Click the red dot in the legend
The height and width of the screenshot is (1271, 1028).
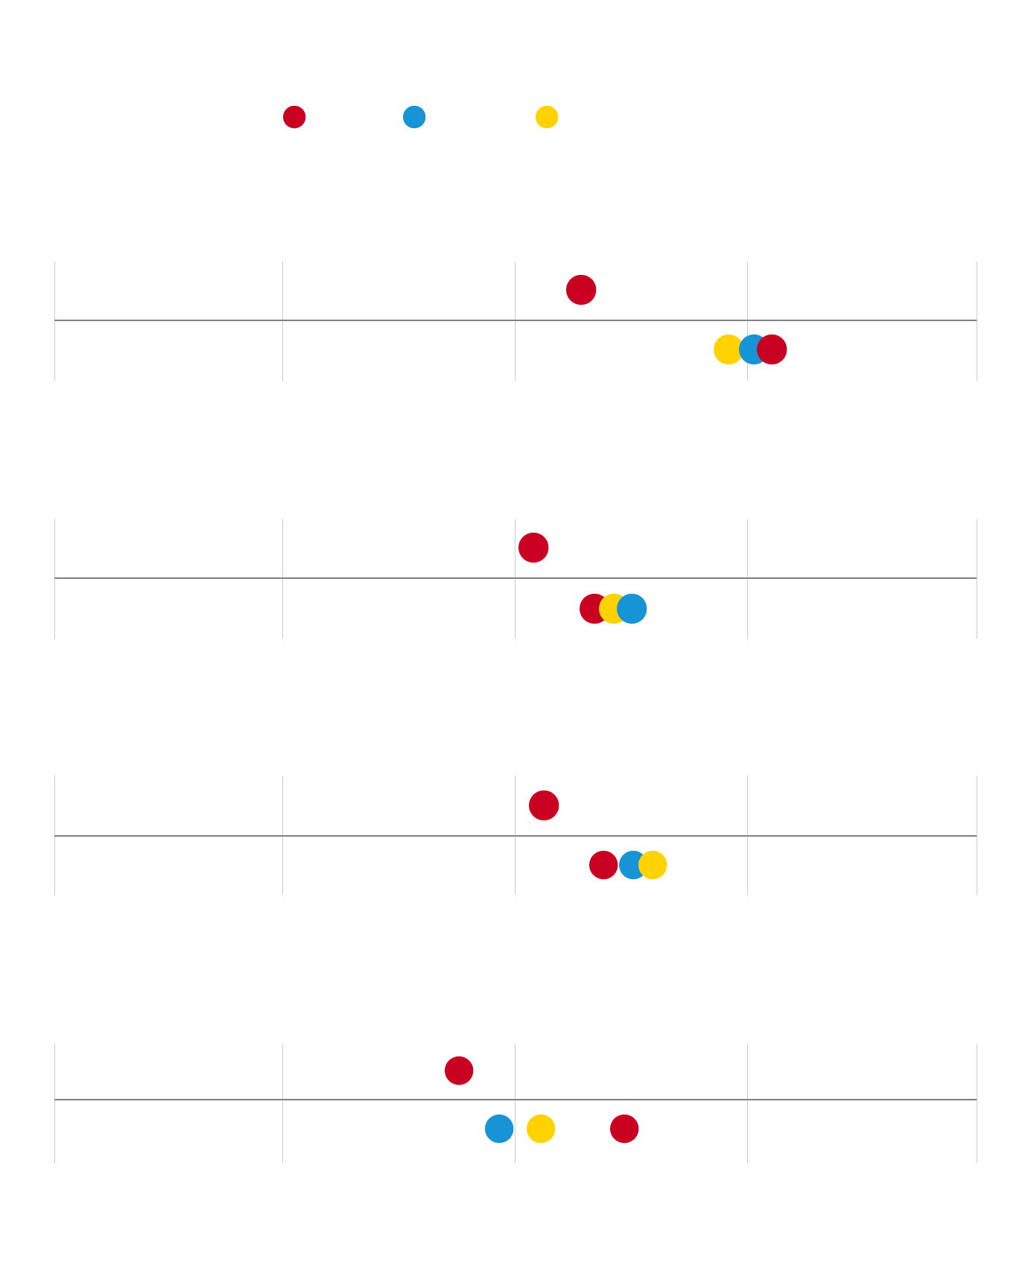294,117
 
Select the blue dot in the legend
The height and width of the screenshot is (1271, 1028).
414,117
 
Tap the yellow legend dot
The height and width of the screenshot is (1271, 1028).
547,117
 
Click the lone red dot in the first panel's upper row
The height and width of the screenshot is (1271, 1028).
581,290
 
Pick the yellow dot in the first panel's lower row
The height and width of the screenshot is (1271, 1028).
726,349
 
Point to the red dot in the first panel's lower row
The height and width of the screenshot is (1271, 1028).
773,349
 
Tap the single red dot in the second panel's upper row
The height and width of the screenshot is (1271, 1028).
533,548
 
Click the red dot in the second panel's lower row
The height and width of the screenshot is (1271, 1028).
591,609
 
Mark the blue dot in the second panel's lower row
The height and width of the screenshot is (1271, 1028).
633,609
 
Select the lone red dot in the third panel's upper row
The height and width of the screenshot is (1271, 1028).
544,805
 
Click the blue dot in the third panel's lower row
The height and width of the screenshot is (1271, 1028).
630,865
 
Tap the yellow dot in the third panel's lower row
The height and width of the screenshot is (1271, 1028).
654,865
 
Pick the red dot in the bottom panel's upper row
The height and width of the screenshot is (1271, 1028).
459,1071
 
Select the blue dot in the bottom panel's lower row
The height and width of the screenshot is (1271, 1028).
499,1129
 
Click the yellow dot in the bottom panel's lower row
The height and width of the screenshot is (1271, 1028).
541,1129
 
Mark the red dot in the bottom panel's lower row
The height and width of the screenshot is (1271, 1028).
624,1129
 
